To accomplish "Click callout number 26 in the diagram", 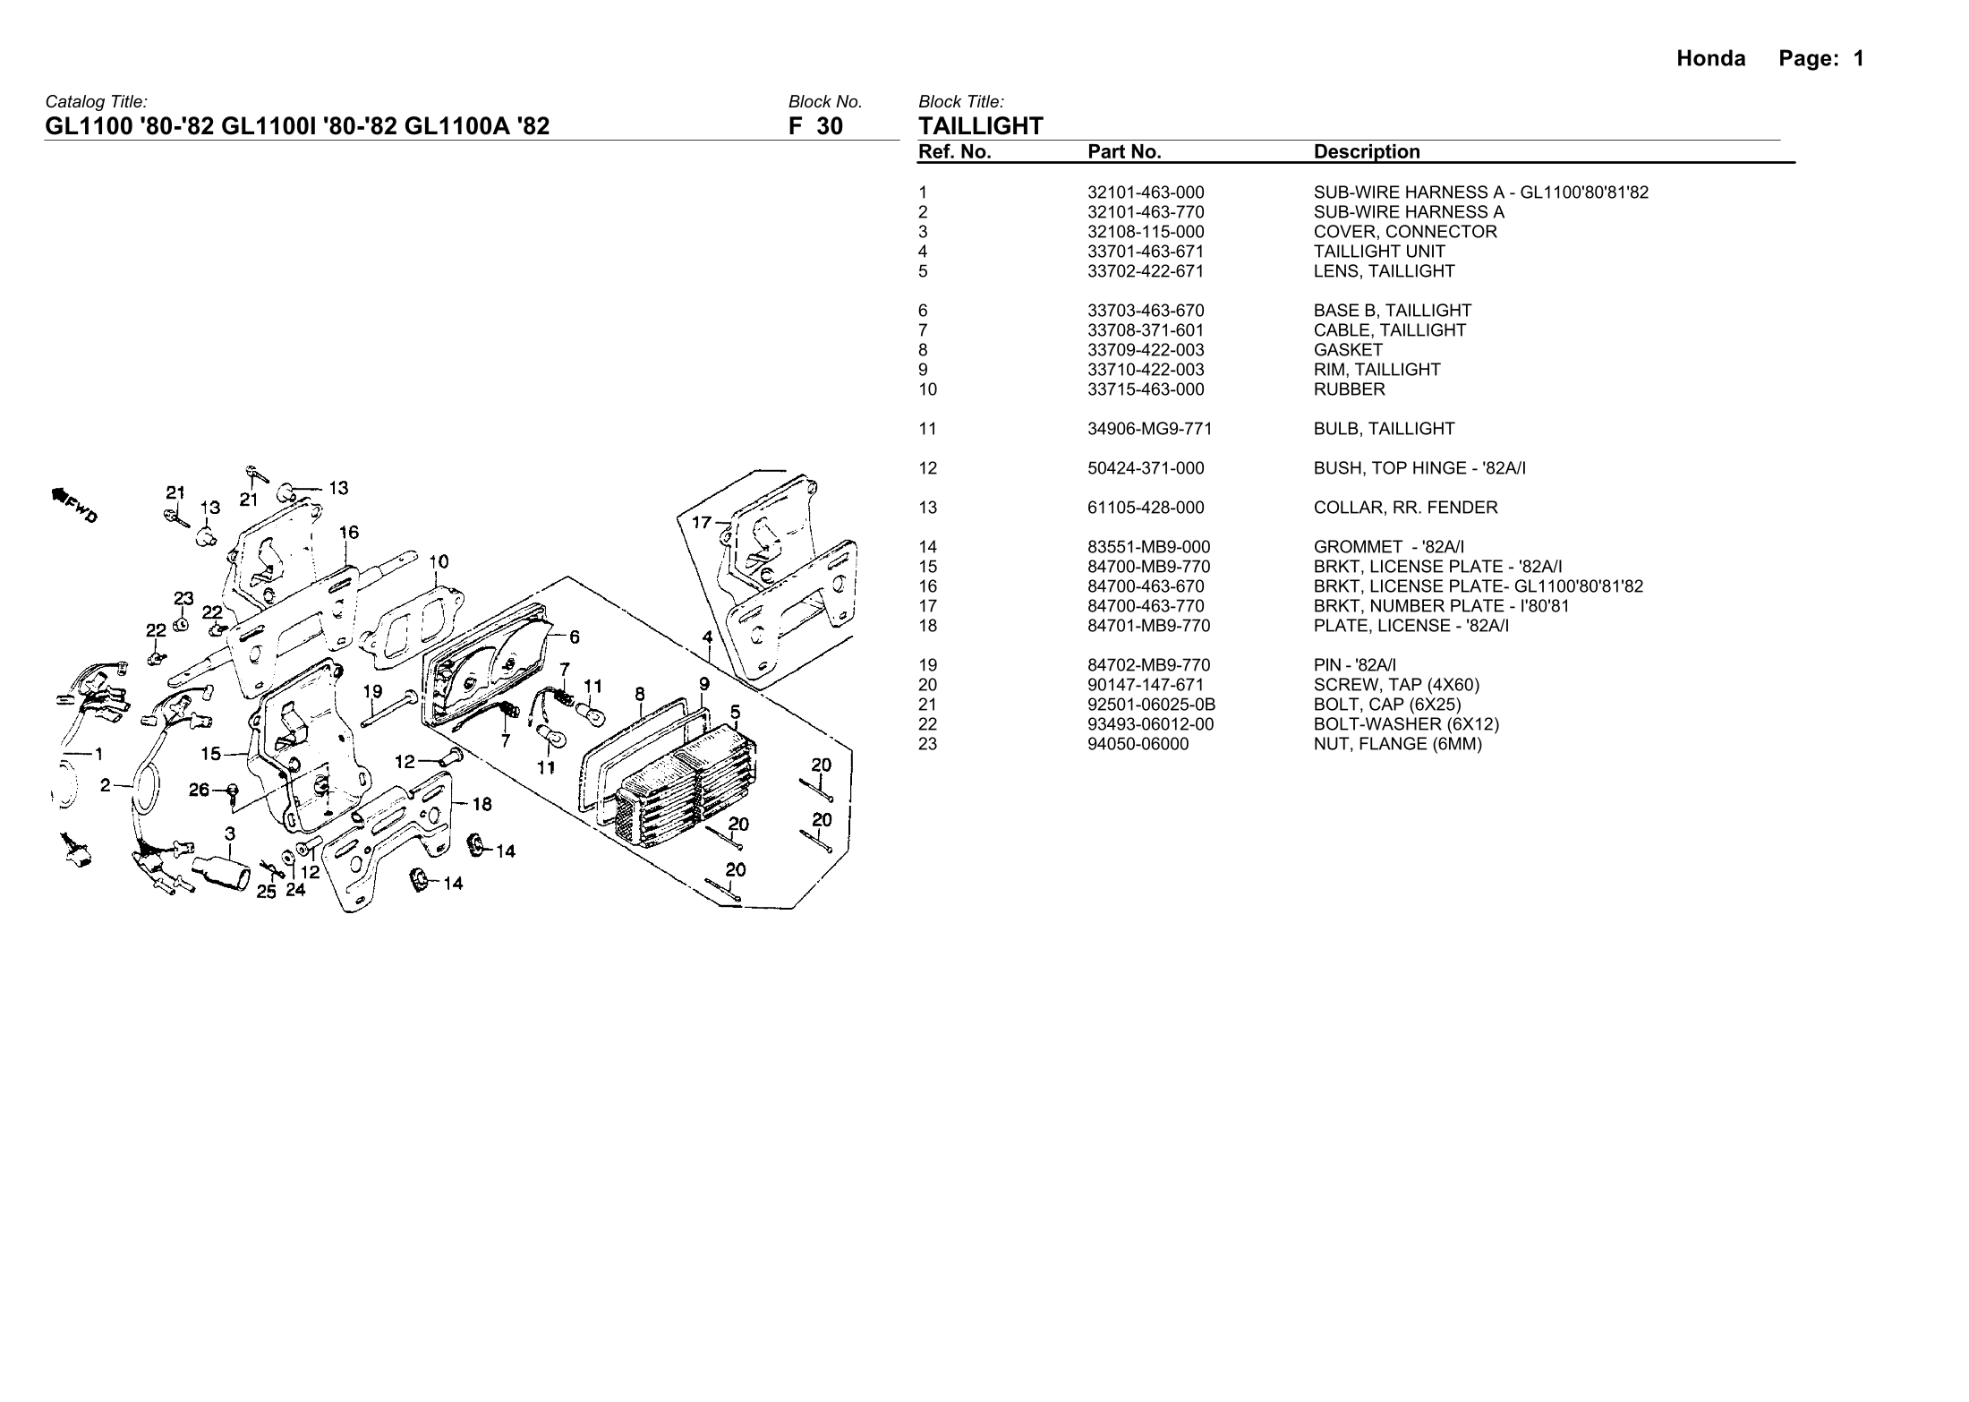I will pyautogui.click(x=199, y=790).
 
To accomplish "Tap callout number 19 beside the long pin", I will pyautogui.click(x=372, y=691).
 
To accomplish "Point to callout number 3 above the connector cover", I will pyautogui.click(x=230, y=834).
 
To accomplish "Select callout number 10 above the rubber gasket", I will pyautogui.click(x=439, y=562).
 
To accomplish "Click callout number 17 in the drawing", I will pyautogui.click(x=702, y=522).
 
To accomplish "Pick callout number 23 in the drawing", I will pyautogui.click(x=183, y=598).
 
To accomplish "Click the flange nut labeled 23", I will pyautogui.click(x=180, y=624).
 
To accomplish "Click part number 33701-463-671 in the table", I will pyautogui.click(x=1146, y=252).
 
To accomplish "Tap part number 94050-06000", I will pyautogui.click(x=1138, y=744).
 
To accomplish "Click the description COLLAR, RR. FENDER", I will pyautogui.click(x=1405, y=508).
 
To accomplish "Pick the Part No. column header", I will pyautogui.click(x=1124, y=152).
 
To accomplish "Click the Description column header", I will pyautogui.click(x=1367, y=152).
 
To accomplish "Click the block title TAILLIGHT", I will pyautogui.click(x=981, y=126).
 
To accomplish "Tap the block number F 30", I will pyautogui.click(x=815, y=126).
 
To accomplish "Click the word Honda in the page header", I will pyautogui.click(x=1710, y=59).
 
